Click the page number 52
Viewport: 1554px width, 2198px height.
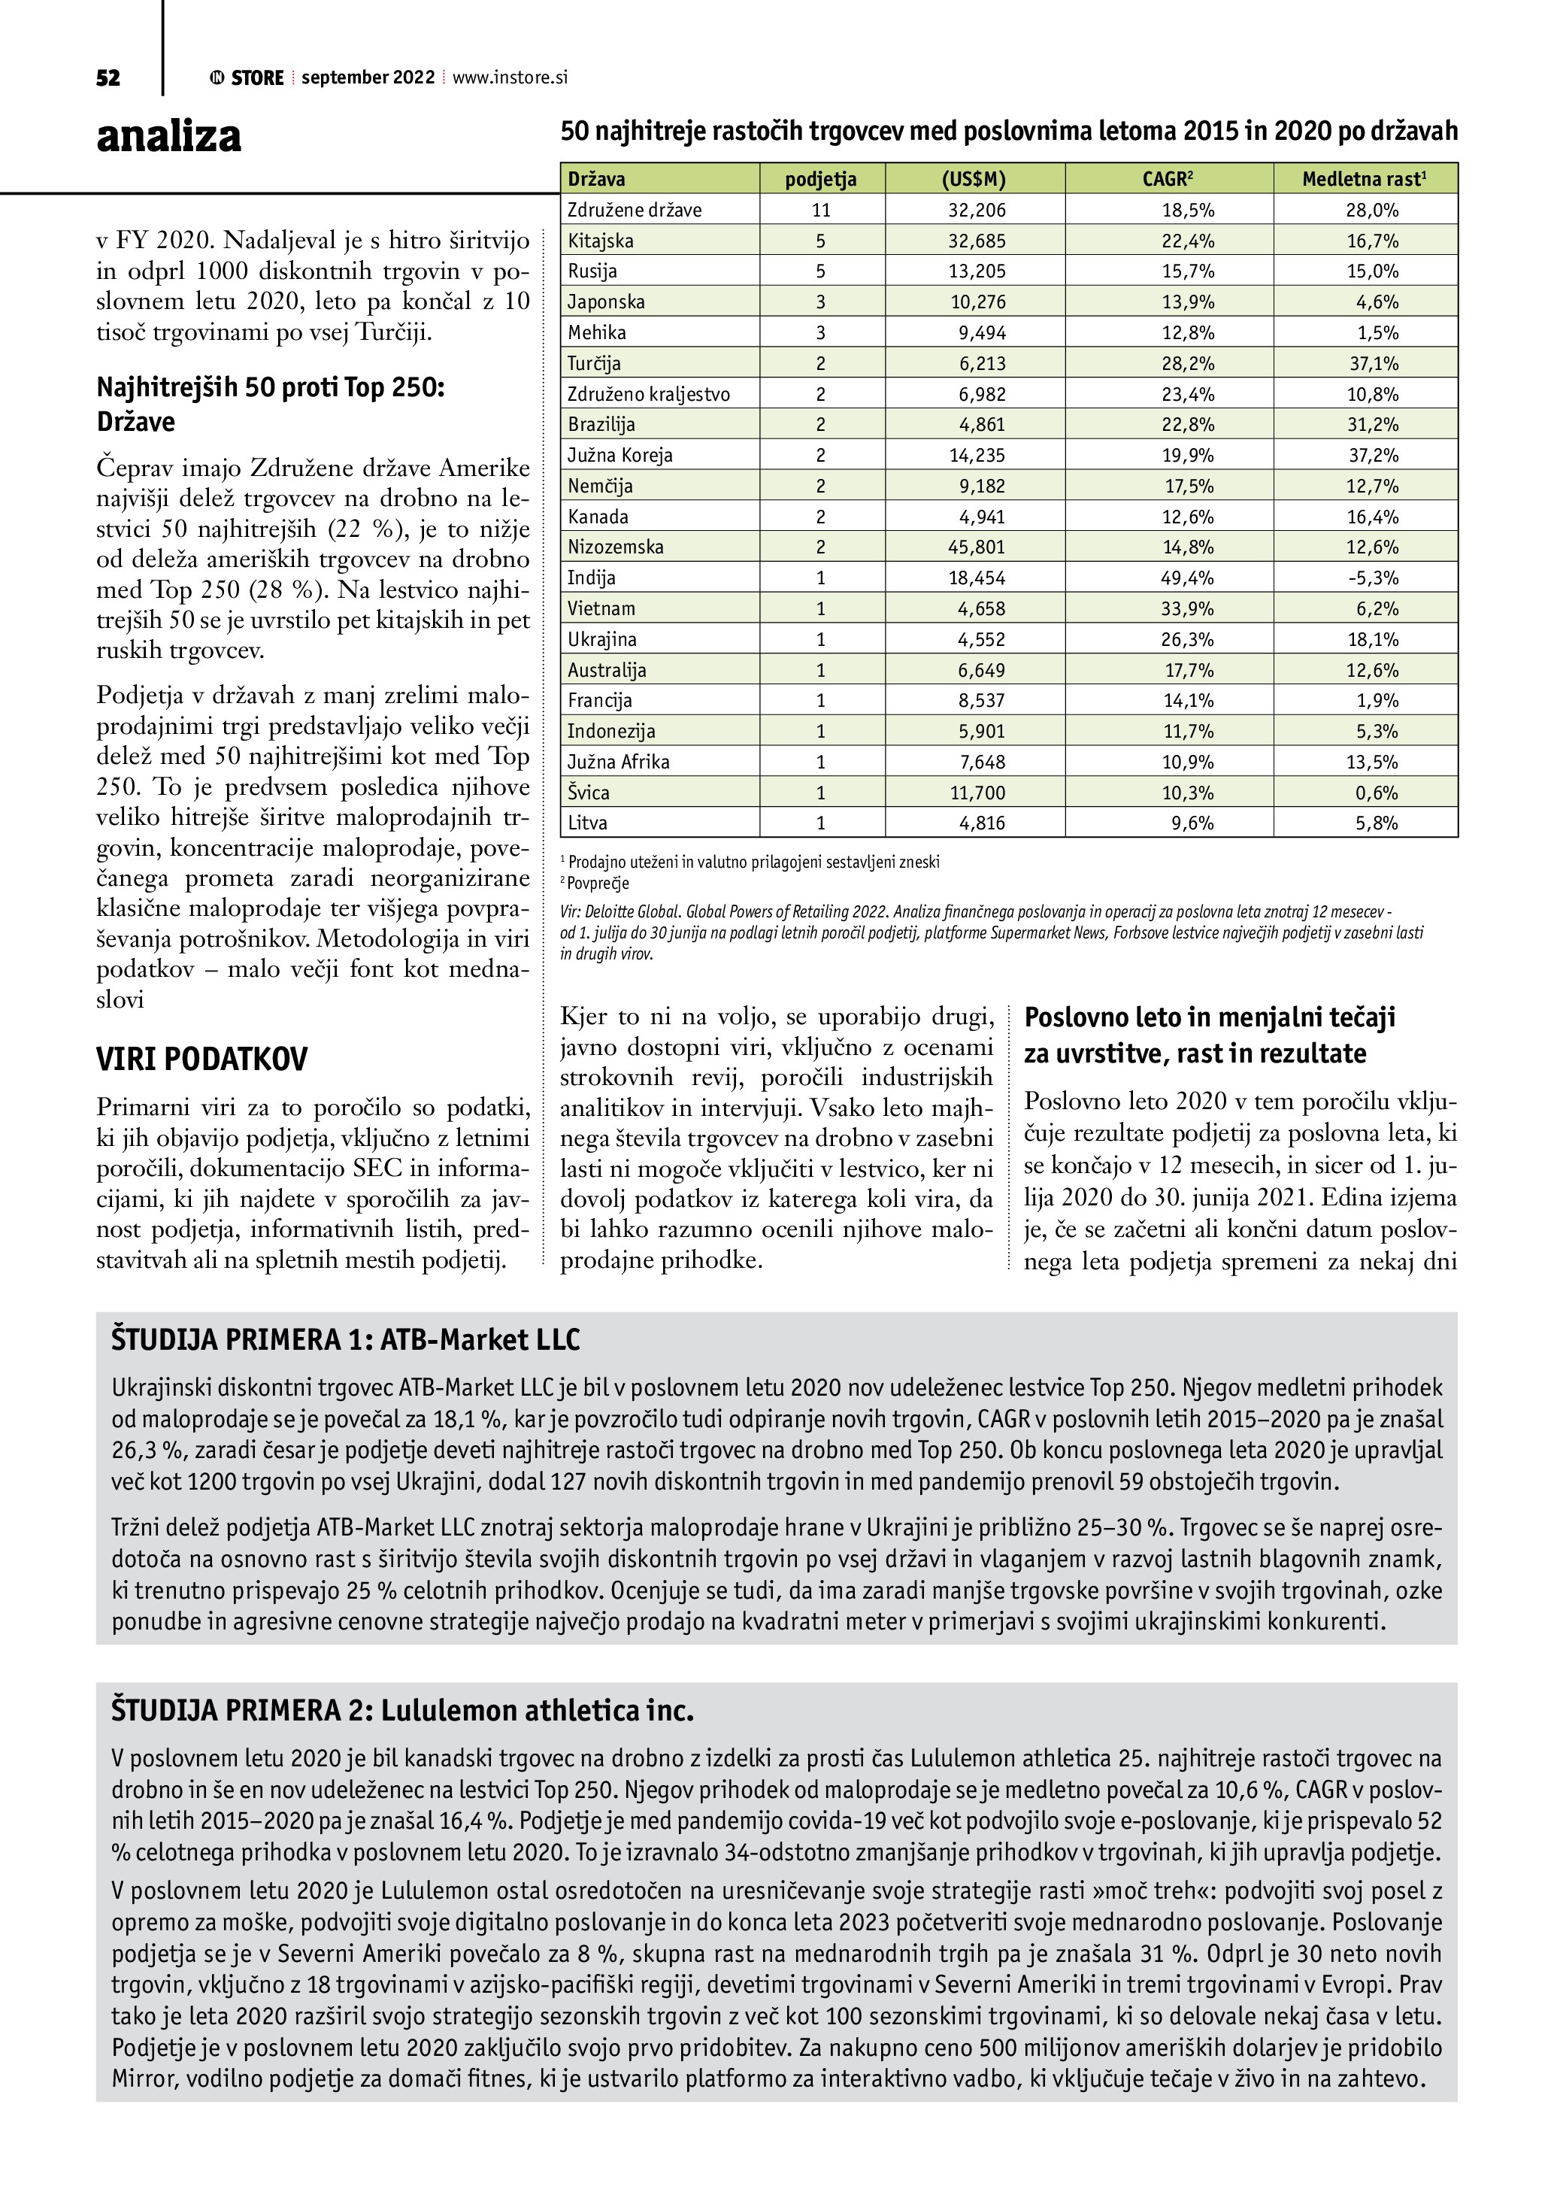click(x=108, y=78)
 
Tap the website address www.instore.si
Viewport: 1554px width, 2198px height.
click(x=509, y=78)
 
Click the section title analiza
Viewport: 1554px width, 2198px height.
click(x=168, y=136)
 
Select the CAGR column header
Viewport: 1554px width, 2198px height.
click(x=1168, y=179)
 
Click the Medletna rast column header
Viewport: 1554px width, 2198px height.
click(x=1365, y=179)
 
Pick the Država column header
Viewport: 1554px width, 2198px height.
click(x=596, y=179)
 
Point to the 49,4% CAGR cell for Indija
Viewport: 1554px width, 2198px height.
click(x=1188, y=578)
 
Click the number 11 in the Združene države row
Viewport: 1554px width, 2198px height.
click(x=821, y=211)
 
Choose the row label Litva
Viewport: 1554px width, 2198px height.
click(x=587, y=823)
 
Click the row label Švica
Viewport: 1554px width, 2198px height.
click(x=589, y=793)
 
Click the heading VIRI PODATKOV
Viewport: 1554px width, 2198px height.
click(x=202, y=1060)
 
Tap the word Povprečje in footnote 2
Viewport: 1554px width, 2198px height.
click(x=599, y=883)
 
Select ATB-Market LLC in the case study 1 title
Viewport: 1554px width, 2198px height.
click(x=480, y=1339)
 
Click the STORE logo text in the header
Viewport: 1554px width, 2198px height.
click(x=257, y=78)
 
